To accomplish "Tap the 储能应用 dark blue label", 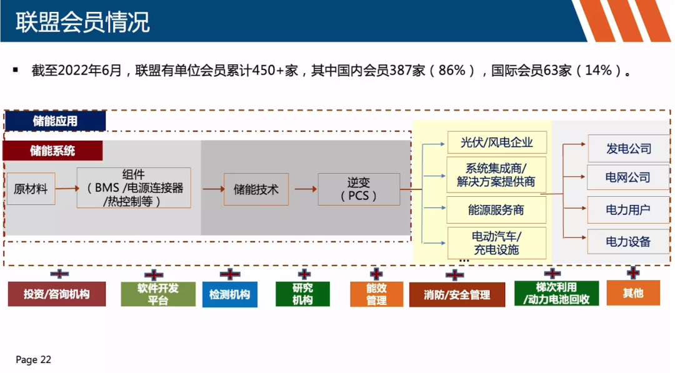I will click(x=55, y=121).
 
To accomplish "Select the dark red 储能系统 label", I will click(x=52, y=151).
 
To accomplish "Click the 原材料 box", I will click(x=31, y=189).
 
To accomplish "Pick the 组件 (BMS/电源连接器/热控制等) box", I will click(x=134, y=188).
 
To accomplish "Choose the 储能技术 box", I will click(x=256, y=189).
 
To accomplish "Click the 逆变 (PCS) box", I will click(x=359, y=189).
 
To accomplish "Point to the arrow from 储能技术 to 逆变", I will click(x=305, y=189).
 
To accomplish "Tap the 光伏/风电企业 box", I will click(x=497, y=142).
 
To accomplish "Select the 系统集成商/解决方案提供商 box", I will click(x=497, y=175).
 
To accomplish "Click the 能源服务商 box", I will click(x=497, y=210).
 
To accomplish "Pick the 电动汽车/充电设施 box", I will click(x=497, y=243).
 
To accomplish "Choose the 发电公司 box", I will click(x=628, y=149).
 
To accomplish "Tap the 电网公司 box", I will click(x=628, y=177).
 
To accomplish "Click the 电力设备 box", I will click(x=628, y=242).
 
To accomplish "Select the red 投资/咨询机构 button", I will click(x=57, y=294).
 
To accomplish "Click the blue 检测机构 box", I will click(x=229, y=294).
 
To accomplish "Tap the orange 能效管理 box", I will click(x=376, y=294).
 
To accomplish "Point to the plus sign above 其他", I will click(x=633, y=272).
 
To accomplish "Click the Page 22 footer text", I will click(x=33, y=360).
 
